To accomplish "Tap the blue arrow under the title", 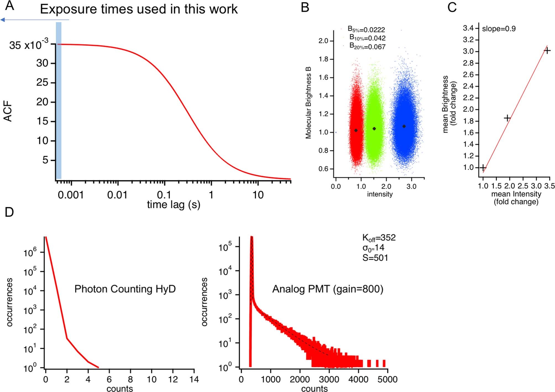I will pos(35,20).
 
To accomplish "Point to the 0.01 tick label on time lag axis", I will pos(117,195).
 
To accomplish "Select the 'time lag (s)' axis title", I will pos(174,205).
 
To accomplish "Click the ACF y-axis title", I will pos(8,111).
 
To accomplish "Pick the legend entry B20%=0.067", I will pos(367,46).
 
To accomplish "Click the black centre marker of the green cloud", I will pos(374,129).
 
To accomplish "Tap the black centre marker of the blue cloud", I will pos(404,127).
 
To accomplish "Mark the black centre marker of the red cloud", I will pos(356,130).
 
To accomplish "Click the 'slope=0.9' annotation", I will pos(499,29).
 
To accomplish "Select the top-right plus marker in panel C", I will pos(547,51).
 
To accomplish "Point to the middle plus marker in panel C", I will pos(507,118).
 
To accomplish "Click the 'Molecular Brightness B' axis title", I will pos(308,103).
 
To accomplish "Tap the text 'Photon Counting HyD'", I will pos(125,289).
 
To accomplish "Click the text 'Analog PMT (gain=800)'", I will pos(328,289).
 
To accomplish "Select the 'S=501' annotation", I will pos(375,258).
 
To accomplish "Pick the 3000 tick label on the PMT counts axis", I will pos(329,379).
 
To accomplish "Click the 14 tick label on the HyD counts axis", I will pos(194,379).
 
